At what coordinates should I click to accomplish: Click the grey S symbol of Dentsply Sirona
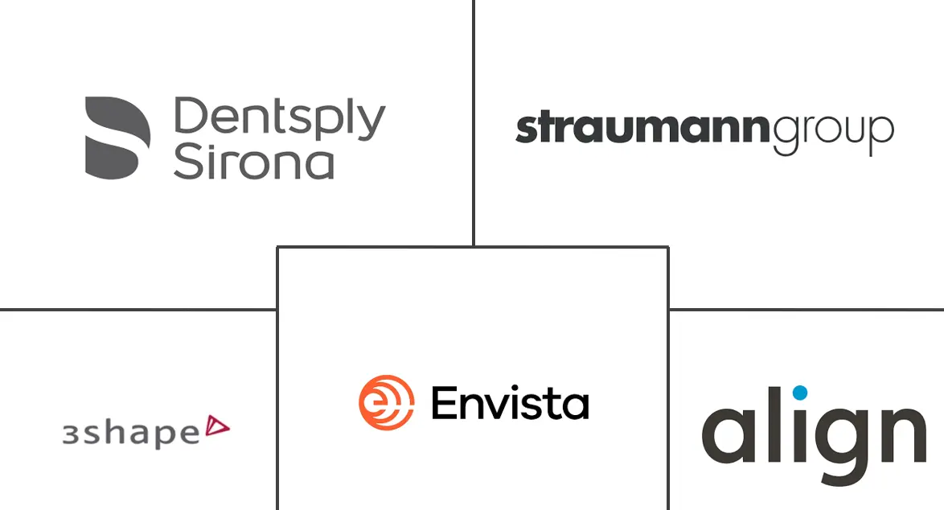point(117,138)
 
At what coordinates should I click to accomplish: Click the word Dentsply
point(279,119)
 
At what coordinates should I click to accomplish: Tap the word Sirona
point(253,161)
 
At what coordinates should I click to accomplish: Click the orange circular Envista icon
point(387,402)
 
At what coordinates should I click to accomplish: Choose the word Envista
point(510,403)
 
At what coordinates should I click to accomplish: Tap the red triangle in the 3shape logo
point(217,426)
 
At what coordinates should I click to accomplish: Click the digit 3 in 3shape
point(71,434)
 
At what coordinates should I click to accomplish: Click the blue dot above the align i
point(799,393)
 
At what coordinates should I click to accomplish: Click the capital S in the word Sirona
point(187,161)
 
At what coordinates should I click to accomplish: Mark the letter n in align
point(901,434)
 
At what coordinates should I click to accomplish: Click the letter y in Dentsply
point(370,124)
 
